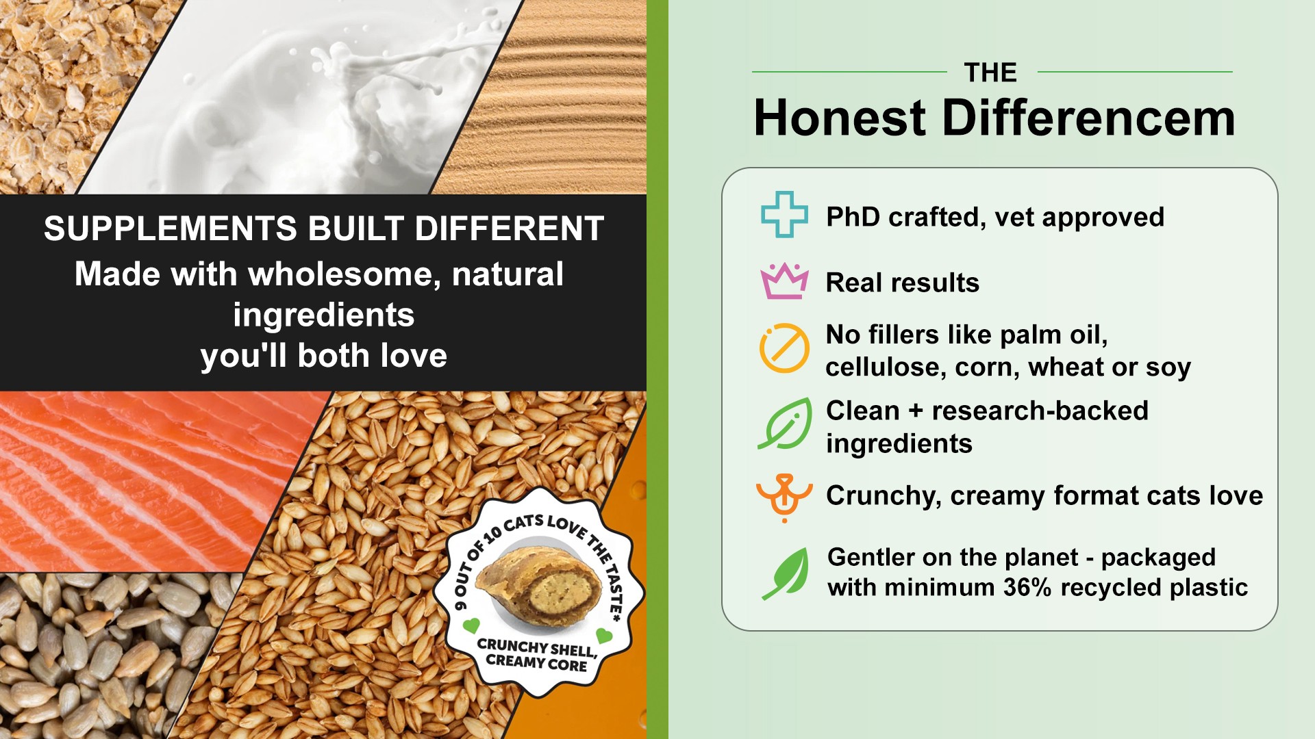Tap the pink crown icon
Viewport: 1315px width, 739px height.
click(x=784, y=281)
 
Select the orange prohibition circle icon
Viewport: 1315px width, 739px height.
click(x=784, y=348)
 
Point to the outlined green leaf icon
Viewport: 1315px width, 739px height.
click(x=785, y=424)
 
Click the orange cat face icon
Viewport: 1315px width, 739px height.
click(x=784, y=498)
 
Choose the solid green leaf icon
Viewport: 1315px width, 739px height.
click(x=785, y=573)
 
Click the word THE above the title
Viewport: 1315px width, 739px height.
click(x=990, y=73)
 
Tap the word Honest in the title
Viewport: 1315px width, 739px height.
click(x=840, y=118)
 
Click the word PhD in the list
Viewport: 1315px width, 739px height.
click(x=853, y=217)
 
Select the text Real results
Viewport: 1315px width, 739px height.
click(x=903, y=283)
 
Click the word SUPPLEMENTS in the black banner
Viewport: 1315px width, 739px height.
click(x=171, y=229)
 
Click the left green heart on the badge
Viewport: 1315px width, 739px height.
click(x=471, y=625)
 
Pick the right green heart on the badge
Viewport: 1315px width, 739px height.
click(x=604, y=636)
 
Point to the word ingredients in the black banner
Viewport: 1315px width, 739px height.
click(x=324, y=315)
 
